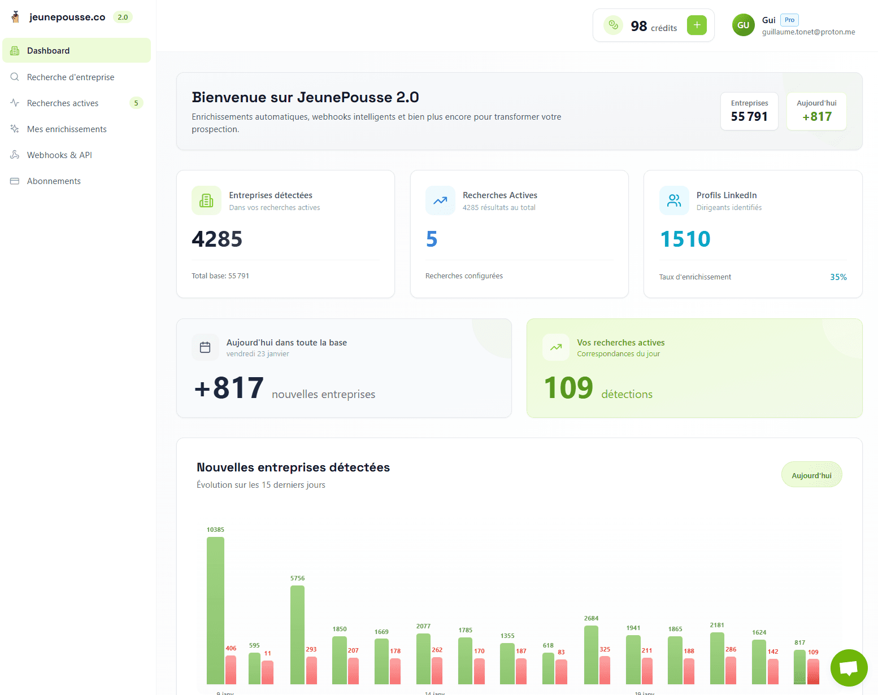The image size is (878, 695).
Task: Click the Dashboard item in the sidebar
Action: pos(76,51)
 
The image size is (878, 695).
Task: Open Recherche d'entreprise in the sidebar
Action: pos(71,77)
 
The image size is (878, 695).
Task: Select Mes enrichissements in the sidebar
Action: pos(67,129)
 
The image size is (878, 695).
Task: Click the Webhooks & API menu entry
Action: pos(59,155)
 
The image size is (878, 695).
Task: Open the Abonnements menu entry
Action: pos(54,181)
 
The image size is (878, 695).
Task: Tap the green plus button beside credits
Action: pos(697,25)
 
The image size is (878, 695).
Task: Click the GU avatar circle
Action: pos(743,25)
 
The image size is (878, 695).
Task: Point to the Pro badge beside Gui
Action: pos(789,20)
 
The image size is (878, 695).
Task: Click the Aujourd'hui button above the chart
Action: pos(811,475)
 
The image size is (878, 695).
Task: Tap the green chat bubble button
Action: pos(849,668)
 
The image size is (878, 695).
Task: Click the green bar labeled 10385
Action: pos(215,610)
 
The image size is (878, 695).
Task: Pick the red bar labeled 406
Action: pos(231,670)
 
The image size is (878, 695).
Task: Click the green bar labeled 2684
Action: pos(591,654)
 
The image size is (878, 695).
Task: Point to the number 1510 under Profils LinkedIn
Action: pos(685,239)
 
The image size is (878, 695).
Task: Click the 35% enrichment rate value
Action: pos(838,277)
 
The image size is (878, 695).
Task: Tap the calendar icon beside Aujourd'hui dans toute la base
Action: pos(205,347)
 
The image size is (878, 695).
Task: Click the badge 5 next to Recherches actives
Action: pos(136,103)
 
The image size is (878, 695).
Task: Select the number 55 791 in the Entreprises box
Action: pos(749,117)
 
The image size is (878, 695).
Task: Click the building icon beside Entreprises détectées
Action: pos(206,200)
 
